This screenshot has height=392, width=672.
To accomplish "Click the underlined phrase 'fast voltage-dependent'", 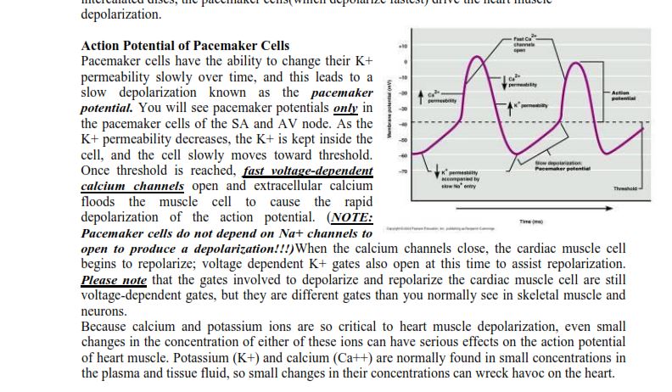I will pos(308,171).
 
